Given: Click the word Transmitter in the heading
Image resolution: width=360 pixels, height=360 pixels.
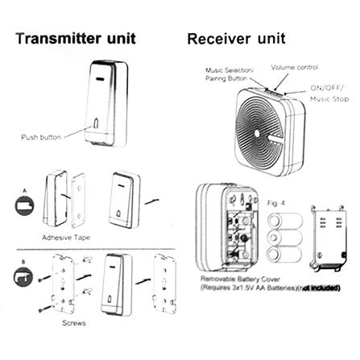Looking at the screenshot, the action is point(59,38).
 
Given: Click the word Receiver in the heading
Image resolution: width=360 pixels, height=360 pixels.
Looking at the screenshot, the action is point(219,39).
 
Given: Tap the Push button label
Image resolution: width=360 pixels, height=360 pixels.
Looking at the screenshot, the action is point(41,137).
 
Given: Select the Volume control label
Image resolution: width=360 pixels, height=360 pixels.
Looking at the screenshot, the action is point(295,68).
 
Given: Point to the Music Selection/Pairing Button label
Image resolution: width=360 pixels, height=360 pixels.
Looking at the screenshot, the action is point(230,74).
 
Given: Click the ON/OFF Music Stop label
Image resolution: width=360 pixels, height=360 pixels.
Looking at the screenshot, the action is point(329,93).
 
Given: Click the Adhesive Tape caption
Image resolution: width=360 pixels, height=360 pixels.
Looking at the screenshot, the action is point(66,238).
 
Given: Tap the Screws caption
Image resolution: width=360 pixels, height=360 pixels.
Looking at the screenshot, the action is point(74,323).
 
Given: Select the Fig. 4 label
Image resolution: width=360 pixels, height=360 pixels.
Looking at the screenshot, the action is point(276,203).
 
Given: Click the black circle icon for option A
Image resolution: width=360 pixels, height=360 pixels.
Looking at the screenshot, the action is point(24,205).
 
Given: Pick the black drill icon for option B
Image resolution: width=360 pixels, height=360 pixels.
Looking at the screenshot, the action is point(23,276).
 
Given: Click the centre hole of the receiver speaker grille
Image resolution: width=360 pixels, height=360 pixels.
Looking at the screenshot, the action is point(257,133).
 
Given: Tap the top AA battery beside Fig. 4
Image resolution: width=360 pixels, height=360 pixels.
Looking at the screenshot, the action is point(285,221).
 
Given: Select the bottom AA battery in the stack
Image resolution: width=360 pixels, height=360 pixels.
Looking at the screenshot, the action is point(284,254).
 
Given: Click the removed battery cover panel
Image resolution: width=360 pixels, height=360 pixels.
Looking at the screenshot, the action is point(329,238).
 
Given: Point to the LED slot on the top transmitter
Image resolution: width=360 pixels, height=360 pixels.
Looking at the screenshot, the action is point(101,80).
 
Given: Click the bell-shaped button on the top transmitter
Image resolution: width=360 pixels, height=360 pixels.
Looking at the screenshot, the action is point(96,123).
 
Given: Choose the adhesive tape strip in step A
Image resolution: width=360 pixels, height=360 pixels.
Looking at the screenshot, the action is point(78,200).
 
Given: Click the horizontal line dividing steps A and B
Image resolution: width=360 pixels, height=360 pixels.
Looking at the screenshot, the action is point(96,250).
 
